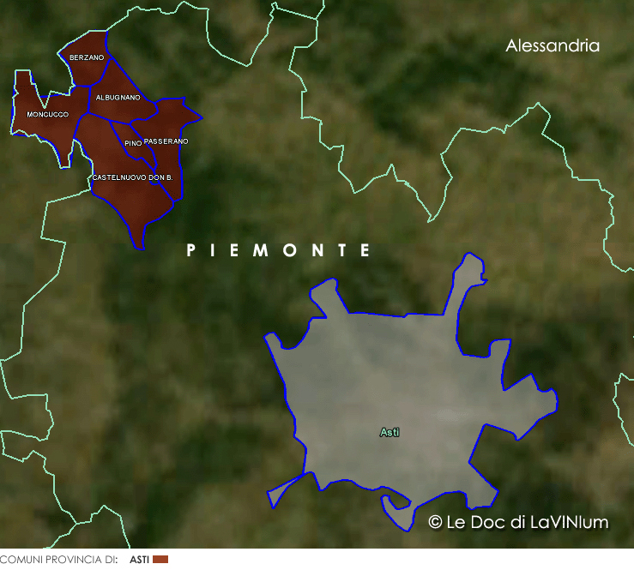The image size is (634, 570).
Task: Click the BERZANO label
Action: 87,57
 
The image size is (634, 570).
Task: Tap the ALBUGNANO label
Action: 118,98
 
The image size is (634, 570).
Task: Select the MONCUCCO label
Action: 47,114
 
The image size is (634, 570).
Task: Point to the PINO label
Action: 132,143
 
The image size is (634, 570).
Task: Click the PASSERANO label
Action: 166,141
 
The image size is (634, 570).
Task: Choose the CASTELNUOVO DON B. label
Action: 132,177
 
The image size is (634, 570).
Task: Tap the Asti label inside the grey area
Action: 389,433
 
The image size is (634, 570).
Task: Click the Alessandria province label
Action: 552,46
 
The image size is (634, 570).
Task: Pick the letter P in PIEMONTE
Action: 191,250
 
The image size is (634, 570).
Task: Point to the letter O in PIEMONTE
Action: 293,250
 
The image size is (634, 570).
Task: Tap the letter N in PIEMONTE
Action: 318,250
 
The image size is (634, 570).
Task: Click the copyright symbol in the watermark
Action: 435,522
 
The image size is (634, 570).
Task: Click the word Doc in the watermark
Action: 486,522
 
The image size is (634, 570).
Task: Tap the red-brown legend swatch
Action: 160,560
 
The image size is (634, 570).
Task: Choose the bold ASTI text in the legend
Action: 139,560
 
